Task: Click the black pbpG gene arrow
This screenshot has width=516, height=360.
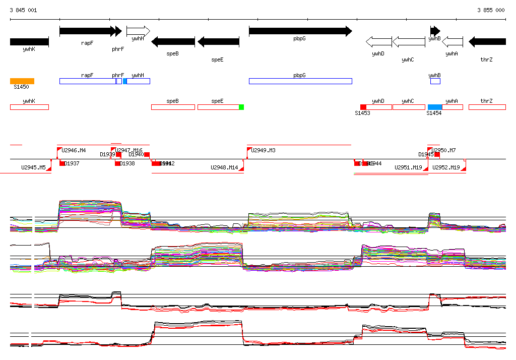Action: coord(300,31)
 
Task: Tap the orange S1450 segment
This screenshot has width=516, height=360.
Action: coord(22,81)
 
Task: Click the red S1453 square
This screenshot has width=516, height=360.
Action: coord(363,107)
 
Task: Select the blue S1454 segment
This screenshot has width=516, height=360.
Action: coord(435,107)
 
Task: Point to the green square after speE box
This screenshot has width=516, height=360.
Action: coord(241,107)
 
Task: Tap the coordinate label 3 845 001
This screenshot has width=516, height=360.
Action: coord(23,10)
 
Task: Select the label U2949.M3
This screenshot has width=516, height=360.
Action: coord(264,150)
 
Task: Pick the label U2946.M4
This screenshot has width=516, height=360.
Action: coord(74,150)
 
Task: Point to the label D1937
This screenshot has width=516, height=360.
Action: coord(72,163)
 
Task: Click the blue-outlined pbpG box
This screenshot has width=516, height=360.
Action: coord(300,81)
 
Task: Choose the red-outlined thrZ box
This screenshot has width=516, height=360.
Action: coord(487,107)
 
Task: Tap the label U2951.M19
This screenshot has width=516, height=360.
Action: coord(408,167)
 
